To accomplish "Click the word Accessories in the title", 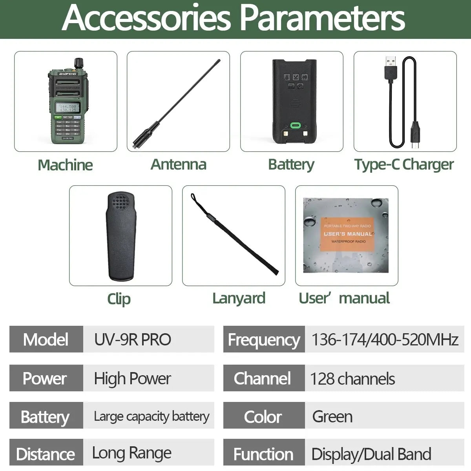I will (x=146, y=18).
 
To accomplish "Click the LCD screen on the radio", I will (x=68, y=108).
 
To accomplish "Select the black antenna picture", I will (x=177, y=104).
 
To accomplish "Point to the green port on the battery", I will (x=295, y=126).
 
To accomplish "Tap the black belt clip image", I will (x=120, y=235).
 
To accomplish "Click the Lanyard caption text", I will (x=239, y=298).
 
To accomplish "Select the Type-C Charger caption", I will (x=404, y=164).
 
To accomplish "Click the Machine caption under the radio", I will (x=65, y=165).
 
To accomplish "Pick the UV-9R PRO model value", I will (x=133, y=340).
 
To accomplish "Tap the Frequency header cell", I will (x=264, y=340).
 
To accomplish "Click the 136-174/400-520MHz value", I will (x=385, y=340).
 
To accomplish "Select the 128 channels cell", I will (x=352, y=379).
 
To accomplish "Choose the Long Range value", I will (x=131, y=453).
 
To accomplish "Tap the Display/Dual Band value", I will (x=371, y=454).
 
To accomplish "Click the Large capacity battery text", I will (x=151, y=416).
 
